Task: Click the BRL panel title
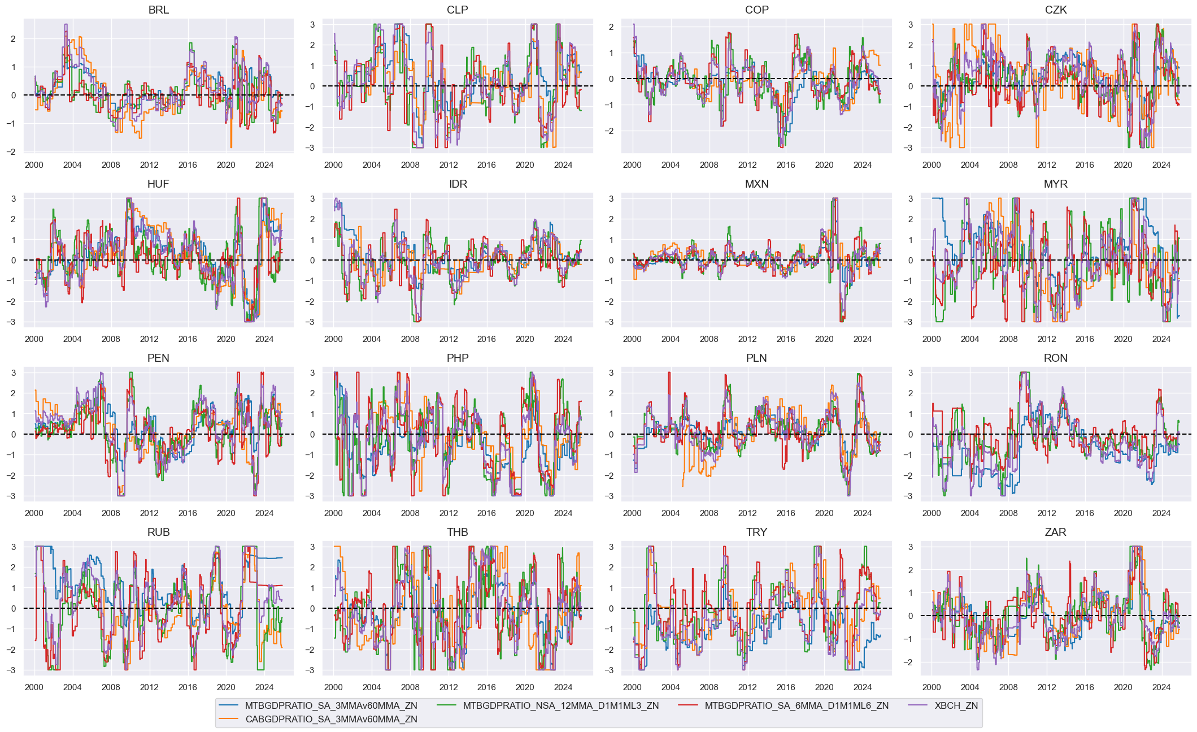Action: pyautogui.click(x=158, y=10)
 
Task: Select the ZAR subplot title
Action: pyautogui.click(x=1055, y=532)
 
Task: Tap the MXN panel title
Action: pyautogui.click(x=756, y=184)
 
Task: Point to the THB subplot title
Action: pyautogui.click(x=457, y=532)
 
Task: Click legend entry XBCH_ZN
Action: pyautogui.click(x=956, y=705)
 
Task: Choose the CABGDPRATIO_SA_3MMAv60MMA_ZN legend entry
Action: pyautogui.click(x=331, y=719)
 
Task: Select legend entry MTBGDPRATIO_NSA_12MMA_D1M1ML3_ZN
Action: pyautogui.click(x=560, y=705)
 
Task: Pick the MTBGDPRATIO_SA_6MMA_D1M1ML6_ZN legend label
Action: pyautogui.click(x=796, y=705)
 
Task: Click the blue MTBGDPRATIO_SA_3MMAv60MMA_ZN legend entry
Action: pyautogui.click(x=331, y=705)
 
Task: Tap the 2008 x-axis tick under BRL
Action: pyautogui.click(x=111, y=165)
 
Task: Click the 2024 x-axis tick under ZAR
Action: pyautogui.click(x=1161, y=687)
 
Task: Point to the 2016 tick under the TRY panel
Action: pyautogui.click(x=786, y=687)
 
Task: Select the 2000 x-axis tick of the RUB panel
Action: pyautogui.click(x=34, y=687)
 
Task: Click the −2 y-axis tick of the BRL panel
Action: pyautogui.click(x=13, y=151)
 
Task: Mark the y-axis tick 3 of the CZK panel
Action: pyautogui.click(x=911, y=24)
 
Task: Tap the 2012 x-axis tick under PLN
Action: pyautogui.click(x=747, y=513)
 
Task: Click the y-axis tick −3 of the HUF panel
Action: pyautogui.click(x=13, y=322)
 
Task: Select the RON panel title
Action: pyautogui.click(x=1055, y=358)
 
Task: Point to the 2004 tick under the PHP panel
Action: pyautogui.click(x=372, y=513)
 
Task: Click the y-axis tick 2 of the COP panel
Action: pyautogui.click(x=611, y=27)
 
